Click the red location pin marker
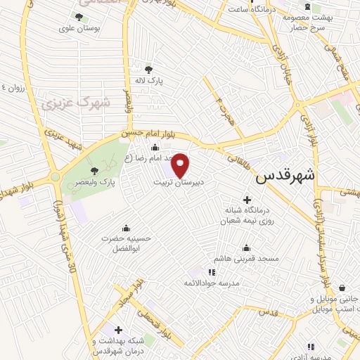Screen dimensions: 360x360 pyautogui.click(x=181, y=165)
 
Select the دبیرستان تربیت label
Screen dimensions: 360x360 pyautogui.click(x=179, y=182)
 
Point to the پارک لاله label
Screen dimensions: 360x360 pyautogui.click(x=150, y=82)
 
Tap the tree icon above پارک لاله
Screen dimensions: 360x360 pyautogui.click(x=148, y=69)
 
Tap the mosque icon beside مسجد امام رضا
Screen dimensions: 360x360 pyautogui.click(x=155, y=147)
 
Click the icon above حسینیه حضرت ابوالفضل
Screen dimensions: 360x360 pyautogui.click(x=126, y=227)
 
